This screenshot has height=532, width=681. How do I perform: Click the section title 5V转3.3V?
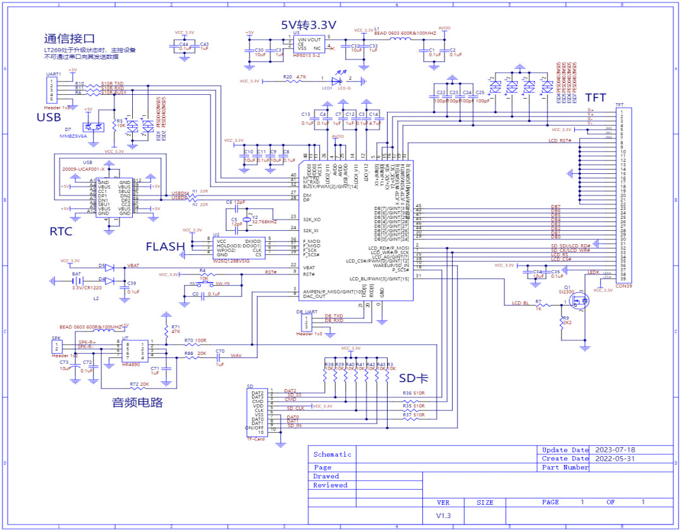click(308, 25)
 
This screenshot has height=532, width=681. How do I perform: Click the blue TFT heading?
click(595, 97)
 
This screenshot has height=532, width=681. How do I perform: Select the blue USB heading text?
click(49, 117)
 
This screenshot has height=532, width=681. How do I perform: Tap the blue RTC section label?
click(61, 232)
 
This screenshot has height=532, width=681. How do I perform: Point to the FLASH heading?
click(165, 246)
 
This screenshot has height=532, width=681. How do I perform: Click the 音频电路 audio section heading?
click(137, 402)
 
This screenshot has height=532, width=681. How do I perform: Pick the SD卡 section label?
click(415, 378)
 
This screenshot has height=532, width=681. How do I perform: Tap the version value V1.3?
click(443, 516)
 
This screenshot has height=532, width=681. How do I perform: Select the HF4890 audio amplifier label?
click(131, 364)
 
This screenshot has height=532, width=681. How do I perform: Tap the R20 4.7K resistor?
click(295, 81)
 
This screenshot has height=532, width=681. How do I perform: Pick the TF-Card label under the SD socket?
click(255, 439)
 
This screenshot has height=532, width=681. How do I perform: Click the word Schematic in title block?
click(332, 454)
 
